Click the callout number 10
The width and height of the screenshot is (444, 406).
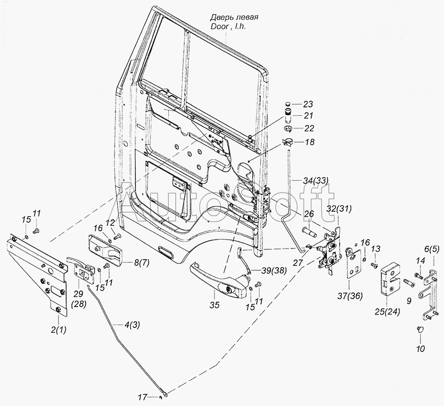click(420, 349)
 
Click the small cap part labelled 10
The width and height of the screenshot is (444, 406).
click(420, 329)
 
